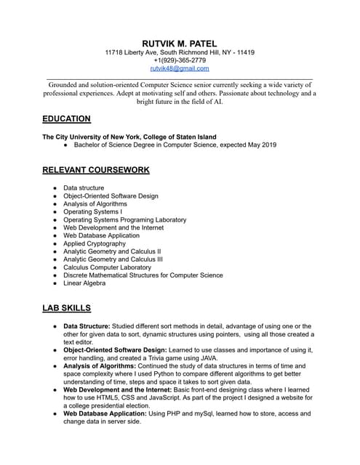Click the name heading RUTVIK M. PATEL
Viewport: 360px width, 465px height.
pyautogui.click(x=180, y=43)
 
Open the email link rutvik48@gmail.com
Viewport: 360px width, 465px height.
pyautogui.click(x=180, y=69)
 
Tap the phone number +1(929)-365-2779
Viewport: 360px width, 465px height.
pyautogui.click(x=180, y=61)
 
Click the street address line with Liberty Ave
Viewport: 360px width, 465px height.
pyautogui.click(x=180, y=53)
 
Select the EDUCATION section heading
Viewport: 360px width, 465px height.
pyautogui.click(x=66, y=119)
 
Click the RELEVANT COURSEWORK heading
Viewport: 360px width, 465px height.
pyautogui.click(x=96, y=170)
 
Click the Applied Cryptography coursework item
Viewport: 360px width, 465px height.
pyautogui.click(x=95, y=243)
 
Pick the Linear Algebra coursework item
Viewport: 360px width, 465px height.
pyautogui.click(x=84, y=283)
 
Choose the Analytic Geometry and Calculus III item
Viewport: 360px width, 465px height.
pyautogui.click(x=113, y=259)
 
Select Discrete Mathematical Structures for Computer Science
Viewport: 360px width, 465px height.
pyautogui.click(x=143, y=275)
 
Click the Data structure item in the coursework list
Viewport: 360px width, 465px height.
pyautogui.click(x=84, y=188)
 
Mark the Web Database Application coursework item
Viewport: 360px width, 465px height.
pyautogui.click(x=101, y=235)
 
